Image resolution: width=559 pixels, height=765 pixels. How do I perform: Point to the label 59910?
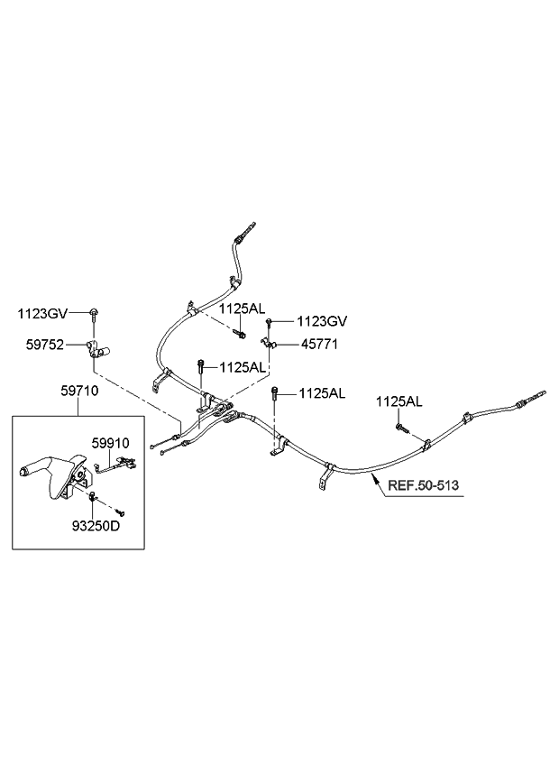(x=110, y=444)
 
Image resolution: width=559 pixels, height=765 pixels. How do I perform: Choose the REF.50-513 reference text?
(x=423, y=485)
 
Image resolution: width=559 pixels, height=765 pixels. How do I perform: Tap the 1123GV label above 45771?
(x=323, y=320)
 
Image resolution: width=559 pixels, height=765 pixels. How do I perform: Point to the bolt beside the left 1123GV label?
(x=94, y=314)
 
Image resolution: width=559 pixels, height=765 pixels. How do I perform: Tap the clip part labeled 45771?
(x=266, y=343)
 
